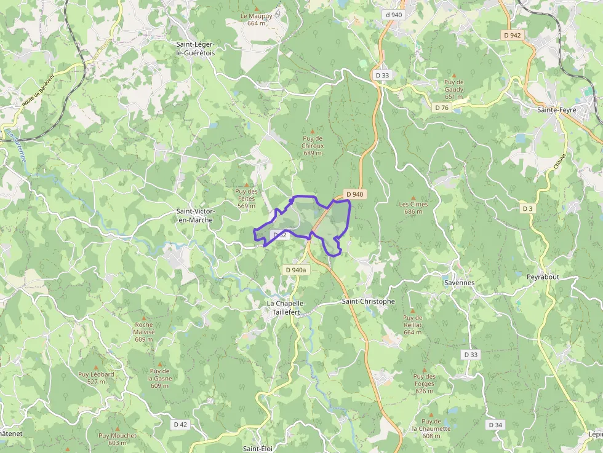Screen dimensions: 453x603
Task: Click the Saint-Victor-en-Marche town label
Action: pyautogui.click(x=194, y=215)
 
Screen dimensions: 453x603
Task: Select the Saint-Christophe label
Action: pyautogui.click(x=368, y=301)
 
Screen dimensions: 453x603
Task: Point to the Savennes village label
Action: pyautogui.click(x=459, y=283)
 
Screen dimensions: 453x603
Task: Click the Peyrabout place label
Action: pyautogui.click(x=543, y=277)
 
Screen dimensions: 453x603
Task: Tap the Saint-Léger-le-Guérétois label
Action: pyautogui.click(x=196, y=49)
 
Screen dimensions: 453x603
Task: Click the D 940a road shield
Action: pyautogui.click(x=296, y=270)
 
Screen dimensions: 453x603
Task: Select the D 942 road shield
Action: pyautogui.click(x=512, y=35)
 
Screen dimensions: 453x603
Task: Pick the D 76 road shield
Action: pyautogui.click(x=442, y=108)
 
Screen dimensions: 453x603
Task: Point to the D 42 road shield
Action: pyautogui.click(x=180, y=424)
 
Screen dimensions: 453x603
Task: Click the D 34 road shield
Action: pyautogui.click(x=495, y=425)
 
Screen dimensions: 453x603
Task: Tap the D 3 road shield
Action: pyautogui.click(x=527, y=208)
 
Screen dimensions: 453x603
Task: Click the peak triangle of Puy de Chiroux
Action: pyautogui.click(x=313, y=131)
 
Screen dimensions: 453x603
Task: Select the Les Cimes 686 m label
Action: pyautogui.click(x=413, y=208)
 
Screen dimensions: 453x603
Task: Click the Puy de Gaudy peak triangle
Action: pyautogui.click(x=454, y=74)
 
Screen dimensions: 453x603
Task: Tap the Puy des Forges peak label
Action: pyautogui.click(x=425, y=380)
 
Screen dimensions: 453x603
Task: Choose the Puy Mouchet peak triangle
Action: pyautogui.click(x=117, y=428)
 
